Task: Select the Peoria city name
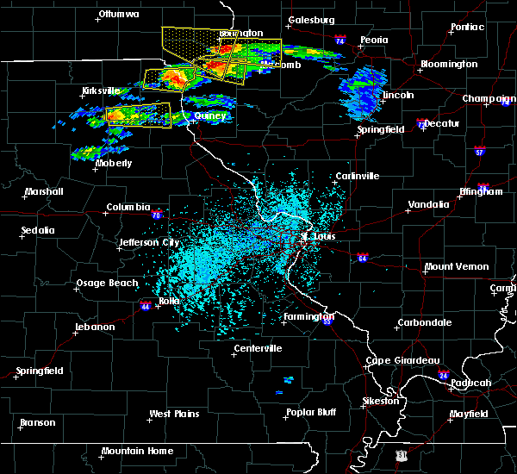coord(374,41)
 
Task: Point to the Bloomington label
coord(448,65)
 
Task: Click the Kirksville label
coord(101,90)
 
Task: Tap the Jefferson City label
coord(148,242)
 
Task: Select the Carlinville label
coord(357,176)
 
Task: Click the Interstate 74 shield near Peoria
coord(340,41)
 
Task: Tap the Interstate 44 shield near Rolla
coord(147,304)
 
